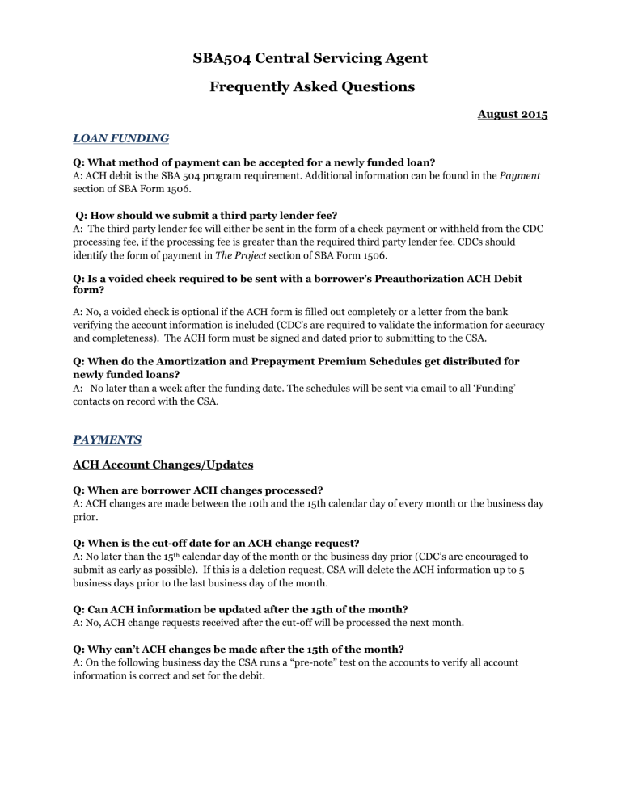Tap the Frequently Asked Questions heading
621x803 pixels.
click(x=310, y=86)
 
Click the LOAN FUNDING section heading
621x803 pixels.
click(x=117, y=139)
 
